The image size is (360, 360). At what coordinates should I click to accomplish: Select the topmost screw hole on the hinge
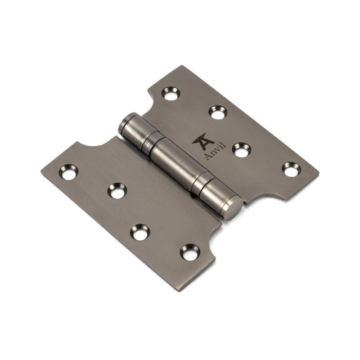[x=170, y=93]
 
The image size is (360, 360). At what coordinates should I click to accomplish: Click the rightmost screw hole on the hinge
[x=291, y=168]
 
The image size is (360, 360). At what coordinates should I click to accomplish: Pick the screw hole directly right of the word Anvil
[x=241, y=150]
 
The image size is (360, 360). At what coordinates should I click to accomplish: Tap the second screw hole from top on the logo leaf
[x=218, y=112]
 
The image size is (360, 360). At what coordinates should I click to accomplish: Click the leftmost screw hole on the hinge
[x=69, y=172]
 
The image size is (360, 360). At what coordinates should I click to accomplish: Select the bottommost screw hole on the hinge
[x=190, y=252]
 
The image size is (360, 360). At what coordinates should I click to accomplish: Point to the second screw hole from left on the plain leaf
[x=117, y=191]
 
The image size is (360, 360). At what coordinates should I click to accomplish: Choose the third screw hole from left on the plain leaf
[x=140, y=231]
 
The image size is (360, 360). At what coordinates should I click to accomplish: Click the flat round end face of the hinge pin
[x=233, y=208]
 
